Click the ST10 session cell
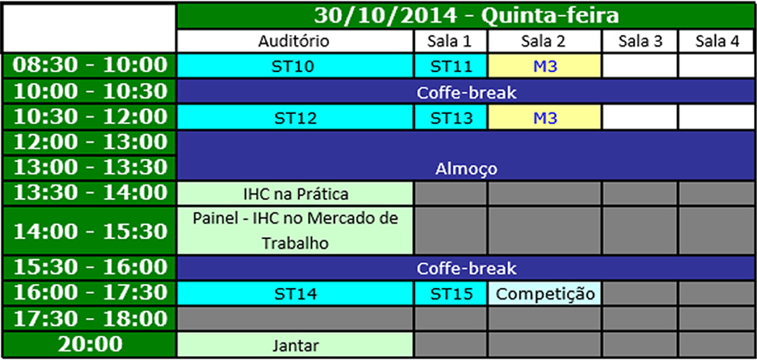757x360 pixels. pos(295,66)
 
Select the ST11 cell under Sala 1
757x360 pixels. pos(451,66)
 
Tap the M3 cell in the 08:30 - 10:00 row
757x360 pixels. pos(545,66)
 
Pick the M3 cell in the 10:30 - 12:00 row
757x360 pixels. pos(545,118)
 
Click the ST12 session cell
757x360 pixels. pos(295,118)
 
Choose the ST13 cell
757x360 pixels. pos(451,118)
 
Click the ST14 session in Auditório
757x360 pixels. pos(295,294)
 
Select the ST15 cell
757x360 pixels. pos(451,294)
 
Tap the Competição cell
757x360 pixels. pos(545,294)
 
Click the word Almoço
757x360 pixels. pos(466,169)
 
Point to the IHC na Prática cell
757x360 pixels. pos(295,194)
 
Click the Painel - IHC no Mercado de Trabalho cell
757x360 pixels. pos(295,230)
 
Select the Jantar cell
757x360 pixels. pos(295,345)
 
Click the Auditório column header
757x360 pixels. pos(295,41)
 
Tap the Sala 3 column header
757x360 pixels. pos(640,41)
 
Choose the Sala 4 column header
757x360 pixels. pos(717,41)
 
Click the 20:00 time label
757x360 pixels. pos(90,344)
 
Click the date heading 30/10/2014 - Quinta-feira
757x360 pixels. pos(466,16)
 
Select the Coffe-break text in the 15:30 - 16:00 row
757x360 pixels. pos(466,268)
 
